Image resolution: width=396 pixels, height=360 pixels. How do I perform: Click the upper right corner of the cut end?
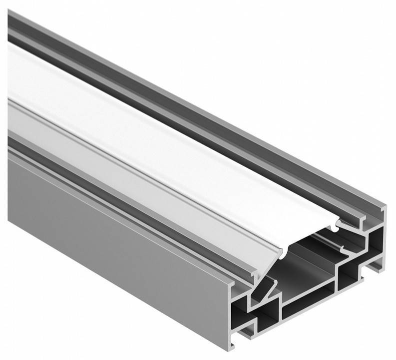[x=384, y=206]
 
